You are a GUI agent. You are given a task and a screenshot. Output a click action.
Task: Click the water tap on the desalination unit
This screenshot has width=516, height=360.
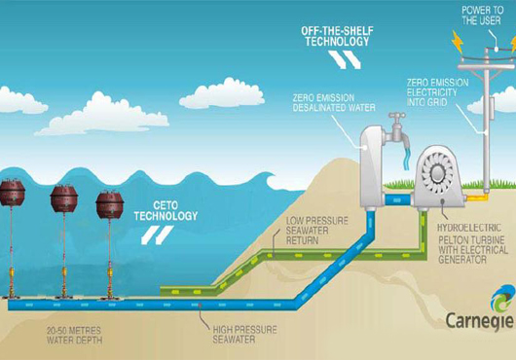397,130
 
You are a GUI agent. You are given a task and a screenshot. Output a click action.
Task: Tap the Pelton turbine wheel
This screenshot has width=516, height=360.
437,172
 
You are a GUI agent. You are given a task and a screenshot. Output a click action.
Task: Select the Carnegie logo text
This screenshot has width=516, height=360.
479,320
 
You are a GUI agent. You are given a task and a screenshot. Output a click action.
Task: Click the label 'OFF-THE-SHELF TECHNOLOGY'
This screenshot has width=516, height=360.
337,36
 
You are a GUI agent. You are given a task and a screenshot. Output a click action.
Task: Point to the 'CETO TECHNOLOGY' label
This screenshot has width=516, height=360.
166,211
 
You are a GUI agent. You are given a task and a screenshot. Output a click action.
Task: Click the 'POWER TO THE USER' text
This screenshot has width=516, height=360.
482,16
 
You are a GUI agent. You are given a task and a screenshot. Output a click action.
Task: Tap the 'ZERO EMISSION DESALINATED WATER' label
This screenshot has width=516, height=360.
334,102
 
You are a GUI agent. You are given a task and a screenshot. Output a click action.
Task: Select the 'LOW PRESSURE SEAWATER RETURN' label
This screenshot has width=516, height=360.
317,231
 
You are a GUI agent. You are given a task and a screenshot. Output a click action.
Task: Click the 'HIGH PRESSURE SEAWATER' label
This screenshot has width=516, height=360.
244,335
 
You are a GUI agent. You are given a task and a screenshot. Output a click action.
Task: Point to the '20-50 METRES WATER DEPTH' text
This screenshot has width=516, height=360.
74,335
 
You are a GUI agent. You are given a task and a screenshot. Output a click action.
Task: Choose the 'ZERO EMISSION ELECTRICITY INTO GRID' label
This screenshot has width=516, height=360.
438,92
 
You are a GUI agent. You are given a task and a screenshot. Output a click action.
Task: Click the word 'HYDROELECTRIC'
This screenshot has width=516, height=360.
469,228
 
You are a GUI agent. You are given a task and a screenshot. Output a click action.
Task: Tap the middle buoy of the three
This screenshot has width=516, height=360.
64,198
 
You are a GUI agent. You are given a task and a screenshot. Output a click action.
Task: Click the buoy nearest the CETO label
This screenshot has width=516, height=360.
110,205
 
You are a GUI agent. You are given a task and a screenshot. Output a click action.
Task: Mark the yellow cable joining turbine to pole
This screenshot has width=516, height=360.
476,198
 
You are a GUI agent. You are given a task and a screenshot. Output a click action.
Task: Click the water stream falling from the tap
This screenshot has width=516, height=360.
407,159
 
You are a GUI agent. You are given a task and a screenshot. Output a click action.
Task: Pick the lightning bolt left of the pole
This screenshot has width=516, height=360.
457,42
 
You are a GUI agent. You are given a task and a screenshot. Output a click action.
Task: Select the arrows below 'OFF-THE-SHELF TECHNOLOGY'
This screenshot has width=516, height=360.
344,59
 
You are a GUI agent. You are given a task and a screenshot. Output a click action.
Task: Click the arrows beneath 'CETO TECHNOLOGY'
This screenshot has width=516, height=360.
157,235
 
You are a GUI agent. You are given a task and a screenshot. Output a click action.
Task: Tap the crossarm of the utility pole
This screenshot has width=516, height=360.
486,67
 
